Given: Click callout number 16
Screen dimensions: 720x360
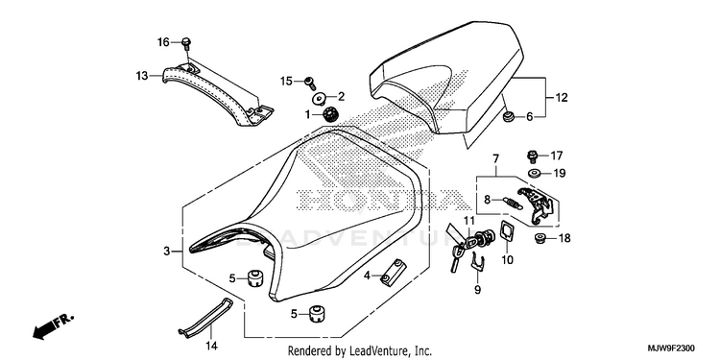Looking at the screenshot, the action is tap(163, 42).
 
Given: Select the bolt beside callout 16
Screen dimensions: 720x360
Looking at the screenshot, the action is tap(186, 44).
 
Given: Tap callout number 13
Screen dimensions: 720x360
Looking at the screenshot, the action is tap(142, 75).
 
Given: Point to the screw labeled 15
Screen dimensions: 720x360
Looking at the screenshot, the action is tap(311, 84).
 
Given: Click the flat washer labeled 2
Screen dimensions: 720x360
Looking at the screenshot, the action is tap(319, 98).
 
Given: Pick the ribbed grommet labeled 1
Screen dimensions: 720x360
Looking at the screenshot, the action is tap(329, 114).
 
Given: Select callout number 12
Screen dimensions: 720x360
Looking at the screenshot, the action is tap(562, 97).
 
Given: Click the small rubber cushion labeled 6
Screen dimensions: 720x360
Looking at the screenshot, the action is tap(508, 117).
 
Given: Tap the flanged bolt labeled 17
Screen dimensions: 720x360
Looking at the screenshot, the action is tap(533, 156).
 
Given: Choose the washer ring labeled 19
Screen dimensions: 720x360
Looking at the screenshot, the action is tap(534, 174).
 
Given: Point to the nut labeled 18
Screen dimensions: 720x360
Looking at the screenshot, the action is tap(541, 238).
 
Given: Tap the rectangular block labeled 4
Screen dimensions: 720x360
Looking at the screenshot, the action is tap(394, 272).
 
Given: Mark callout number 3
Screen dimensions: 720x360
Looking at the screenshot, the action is tap(167, 252).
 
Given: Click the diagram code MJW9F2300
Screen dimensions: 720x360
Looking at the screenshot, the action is tap(675, 348).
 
